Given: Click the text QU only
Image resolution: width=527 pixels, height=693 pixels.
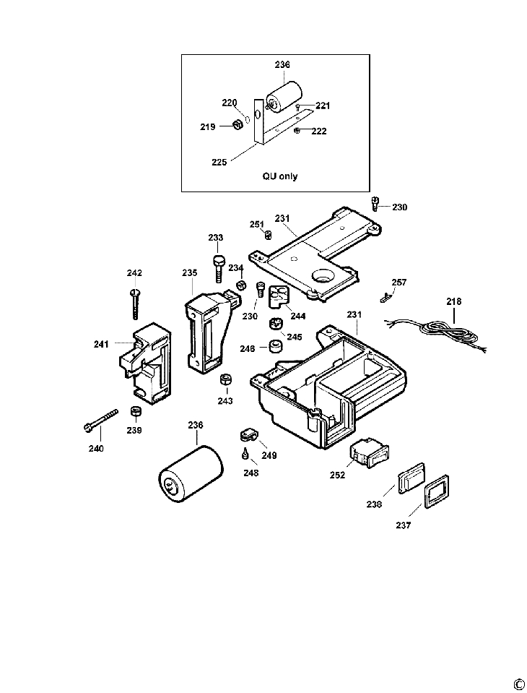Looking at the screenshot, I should click(x=279, y=176).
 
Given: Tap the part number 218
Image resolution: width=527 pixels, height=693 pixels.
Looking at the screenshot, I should click(x=453, y=301).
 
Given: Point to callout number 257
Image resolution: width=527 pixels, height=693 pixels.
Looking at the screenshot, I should click(x=399, y=282).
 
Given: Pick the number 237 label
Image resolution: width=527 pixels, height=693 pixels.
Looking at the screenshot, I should click(x=403, y=525).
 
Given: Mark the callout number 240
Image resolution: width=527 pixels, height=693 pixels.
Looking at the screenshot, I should click(x=96, y=449).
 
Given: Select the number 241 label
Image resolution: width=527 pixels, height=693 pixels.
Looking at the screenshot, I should click(x=101, y=344).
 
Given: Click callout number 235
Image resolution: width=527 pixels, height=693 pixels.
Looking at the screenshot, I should click(x=189, y=273).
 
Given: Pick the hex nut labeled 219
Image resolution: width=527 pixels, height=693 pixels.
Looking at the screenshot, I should click(x=236, y=126).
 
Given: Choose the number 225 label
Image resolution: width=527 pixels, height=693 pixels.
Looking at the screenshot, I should click(x=219, y=163).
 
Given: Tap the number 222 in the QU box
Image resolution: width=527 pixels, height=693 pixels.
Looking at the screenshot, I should click(x=318, y=132).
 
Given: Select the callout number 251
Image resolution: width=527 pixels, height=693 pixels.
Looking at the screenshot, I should click(x=256, y=224).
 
